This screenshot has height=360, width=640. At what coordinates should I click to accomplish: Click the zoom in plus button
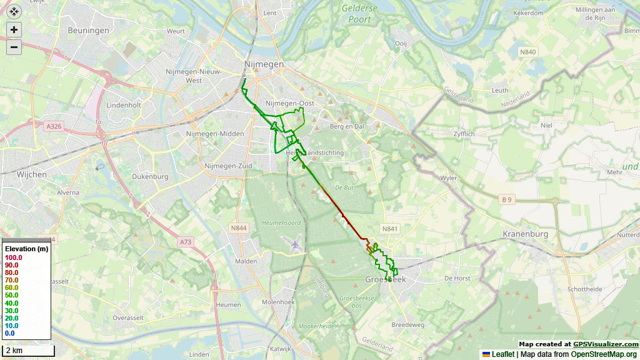(x=14, y=29)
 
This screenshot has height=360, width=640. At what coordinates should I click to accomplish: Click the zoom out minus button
(x=14, y=47)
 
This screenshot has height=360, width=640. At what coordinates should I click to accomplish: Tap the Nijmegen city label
(x=263, y=64)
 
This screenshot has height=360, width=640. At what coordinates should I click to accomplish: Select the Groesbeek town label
(x=385, y=279)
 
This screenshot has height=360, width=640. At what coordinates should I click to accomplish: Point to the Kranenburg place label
(x=525, y=234)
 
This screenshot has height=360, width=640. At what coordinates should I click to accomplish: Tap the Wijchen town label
(x=31, y=174)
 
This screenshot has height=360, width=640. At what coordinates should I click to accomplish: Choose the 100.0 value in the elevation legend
(x=14, y=257)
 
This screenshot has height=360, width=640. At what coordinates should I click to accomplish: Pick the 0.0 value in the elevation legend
(x=9, y=333)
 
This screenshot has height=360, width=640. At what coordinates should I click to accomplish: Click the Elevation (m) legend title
(x=26, y=249)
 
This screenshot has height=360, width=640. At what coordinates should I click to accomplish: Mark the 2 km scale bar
(x=28, y=351)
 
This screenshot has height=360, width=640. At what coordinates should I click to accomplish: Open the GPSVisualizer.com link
(x=606, y=344)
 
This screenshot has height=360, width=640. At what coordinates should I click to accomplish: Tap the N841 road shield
(x=390, y=229)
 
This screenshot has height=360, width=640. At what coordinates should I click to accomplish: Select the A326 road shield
(x=54, y=126)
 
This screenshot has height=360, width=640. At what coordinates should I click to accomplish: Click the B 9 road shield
(x=506, y=199)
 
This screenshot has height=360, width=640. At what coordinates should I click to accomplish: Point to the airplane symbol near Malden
(x=294, y=242)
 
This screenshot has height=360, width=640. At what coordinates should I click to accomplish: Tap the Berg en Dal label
(x=346, y=126)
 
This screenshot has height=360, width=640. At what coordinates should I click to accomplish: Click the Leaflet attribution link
(x=502, y=354)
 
